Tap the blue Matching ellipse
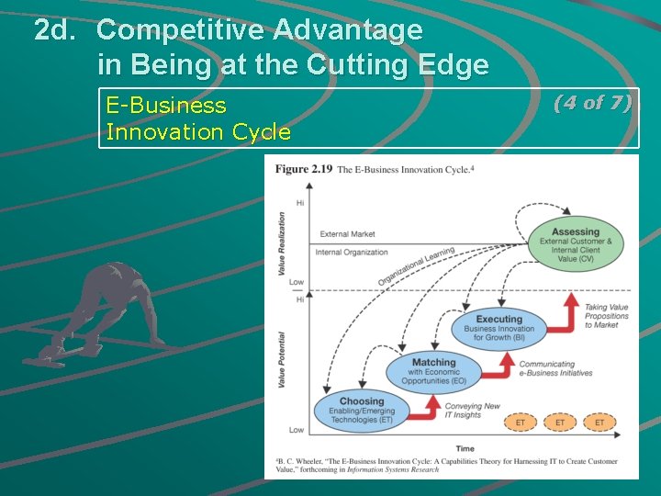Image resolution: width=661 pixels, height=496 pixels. pyautogui.click(x=433, y=370)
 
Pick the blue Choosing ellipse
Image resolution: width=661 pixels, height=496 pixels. pyautogui.click(x=362, y=411)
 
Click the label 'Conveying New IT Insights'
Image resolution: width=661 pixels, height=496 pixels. pyautogui.click(x=472, y=411)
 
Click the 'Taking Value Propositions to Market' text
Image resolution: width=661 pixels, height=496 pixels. pyautogui.click(x=607, y=316)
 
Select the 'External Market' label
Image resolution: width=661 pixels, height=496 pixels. pyautogui.click(x=347, y=234)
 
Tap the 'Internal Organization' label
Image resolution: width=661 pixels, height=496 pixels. pyautogui.click(x=352, y=252)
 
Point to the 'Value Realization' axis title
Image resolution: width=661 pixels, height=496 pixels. pyautogui.click(x=282, y=242)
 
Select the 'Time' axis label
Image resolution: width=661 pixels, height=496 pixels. pyautogui.click(x=465, y=448)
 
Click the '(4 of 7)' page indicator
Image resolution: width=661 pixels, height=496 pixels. pyautogui.click(x=592, y=103)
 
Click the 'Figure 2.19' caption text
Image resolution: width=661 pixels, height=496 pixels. pyautogui.click(x=304, y=169)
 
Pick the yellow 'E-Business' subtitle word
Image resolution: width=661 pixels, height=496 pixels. pyautogui.click(x=166, y=105)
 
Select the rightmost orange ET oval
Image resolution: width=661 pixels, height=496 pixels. pyautogui.click(x=599, y=423)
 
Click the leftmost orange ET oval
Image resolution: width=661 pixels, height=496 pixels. pyautogui.click(x=521, y=423)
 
